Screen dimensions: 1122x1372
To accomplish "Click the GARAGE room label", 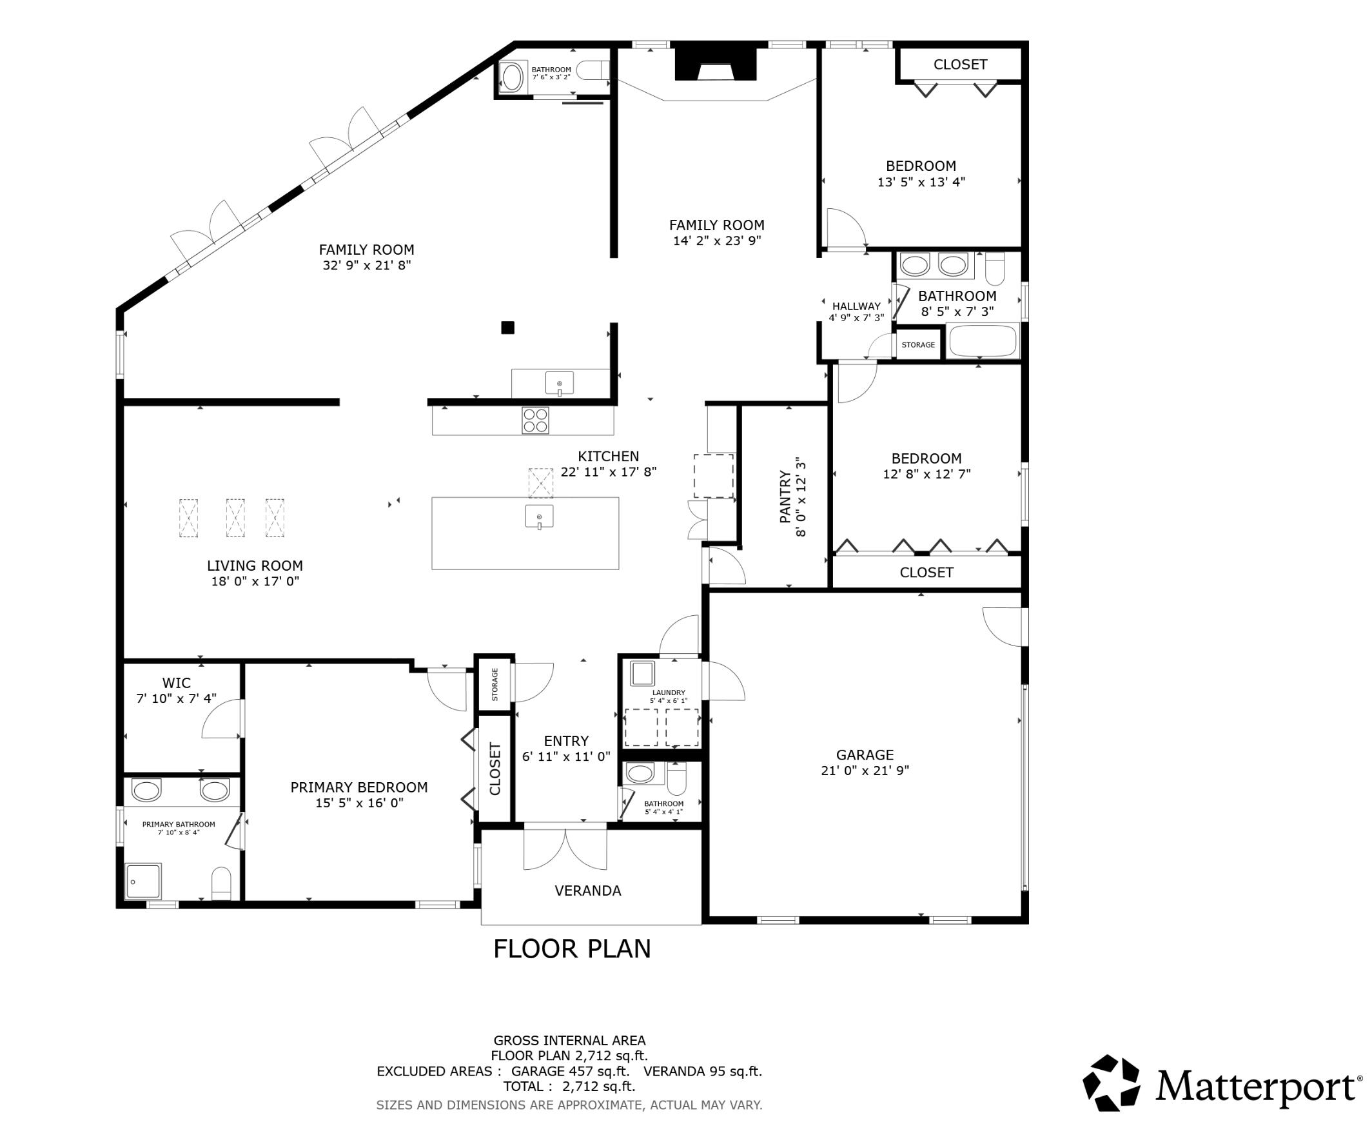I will [864, 754].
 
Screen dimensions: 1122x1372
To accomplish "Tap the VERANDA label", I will [587, 891].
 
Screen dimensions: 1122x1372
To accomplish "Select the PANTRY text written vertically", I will [785, 497].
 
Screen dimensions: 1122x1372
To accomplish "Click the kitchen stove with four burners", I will [535, 420].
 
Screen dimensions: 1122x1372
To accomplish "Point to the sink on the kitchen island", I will [539, 517].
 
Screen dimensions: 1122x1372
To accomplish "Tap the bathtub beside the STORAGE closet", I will [982, 341].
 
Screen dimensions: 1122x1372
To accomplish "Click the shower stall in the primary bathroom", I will [143, 881].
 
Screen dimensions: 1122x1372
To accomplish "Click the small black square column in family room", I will [507, 328].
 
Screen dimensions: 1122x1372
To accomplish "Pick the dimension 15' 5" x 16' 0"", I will [358, 803].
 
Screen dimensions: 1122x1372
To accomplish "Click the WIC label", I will [177, 682].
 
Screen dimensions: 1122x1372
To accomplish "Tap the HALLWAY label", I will [856, 306].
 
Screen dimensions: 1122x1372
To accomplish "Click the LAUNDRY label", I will [668, 692].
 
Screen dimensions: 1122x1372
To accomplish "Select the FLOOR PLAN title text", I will [571, 949].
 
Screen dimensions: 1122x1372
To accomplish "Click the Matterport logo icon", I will [1111, 1083].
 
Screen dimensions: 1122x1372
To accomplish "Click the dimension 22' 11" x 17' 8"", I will [608, 472].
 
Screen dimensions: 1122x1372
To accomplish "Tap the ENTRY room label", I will [566, 741].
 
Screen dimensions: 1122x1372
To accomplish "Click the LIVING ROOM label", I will [255, 566].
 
